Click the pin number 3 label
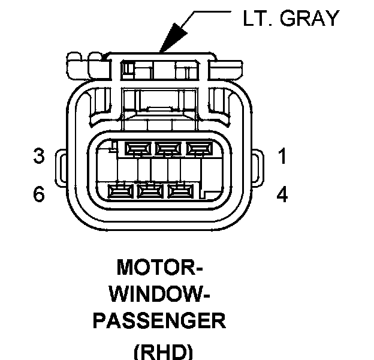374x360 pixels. [x=39, y=157]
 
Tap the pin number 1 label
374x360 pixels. [x=282, y=157]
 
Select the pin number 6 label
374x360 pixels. [x=39, y=195]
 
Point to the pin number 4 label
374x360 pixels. [x=282, y=195]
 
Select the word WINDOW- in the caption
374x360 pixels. [x=157, y=293]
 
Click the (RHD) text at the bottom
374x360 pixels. [x=157, y=350]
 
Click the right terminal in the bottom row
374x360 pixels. [x=180, y=192]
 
